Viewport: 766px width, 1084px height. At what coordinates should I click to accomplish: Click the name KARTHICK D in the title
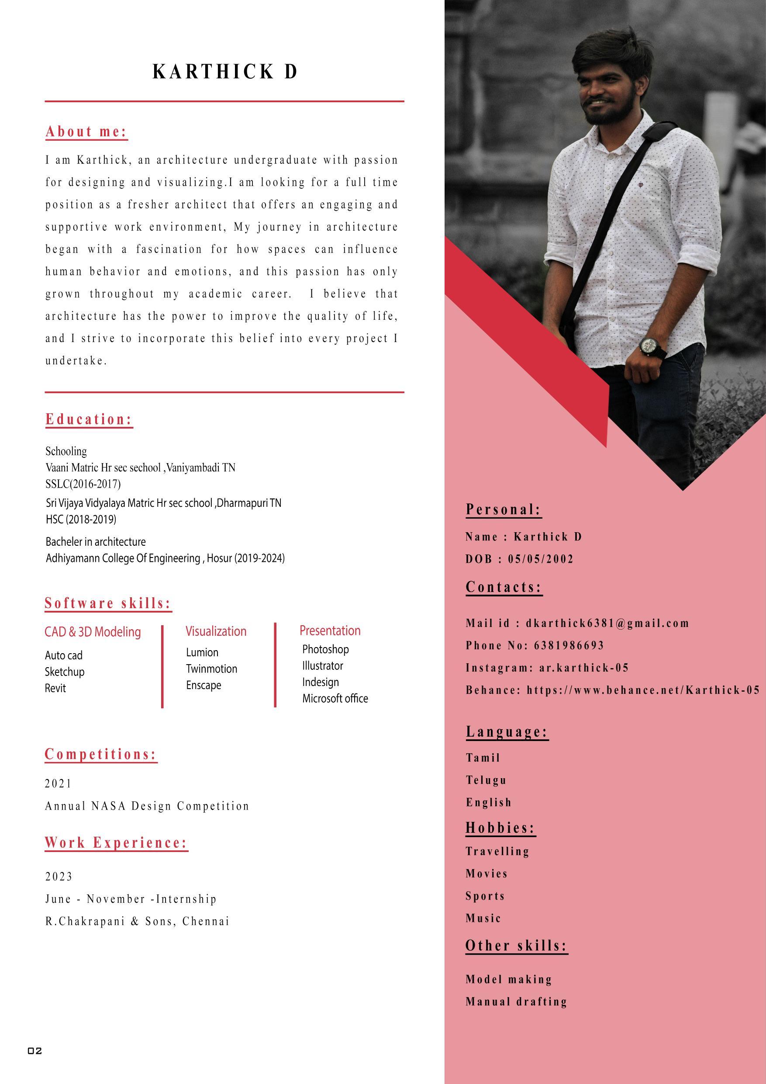tap(224, 72)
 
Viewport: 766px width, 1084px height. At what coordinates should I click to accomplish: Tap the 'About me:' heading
tap(86, 132)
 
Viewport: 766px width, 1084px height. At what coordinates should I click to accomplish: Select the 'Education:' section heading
tap(89, 419)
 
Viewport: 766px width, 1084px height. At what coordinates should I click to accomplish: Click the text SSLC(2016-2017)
tap(83, 484)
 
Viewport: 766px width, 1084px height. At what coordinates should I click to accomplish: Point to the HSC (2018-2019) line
tap(81, 519)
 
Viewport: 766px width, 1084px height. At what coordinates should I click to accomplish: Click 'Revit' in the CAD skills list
tap(55, 688)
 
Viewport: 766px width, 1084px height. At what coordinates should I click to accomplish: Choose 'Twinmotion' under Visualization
tap(211, 668)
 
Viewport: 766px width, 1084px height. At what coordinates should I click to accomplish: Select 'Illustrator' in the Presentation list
tap(322, 666)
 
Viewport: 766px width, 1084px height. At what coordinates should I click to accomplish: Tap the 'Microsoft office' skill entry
tap(335, 698)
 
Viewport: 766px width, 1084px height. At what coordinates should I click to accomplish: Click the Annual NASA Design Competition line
tap(147, 806)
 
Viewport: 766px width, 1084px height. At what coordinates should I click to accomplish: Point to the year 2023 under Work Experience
tap(59, 877)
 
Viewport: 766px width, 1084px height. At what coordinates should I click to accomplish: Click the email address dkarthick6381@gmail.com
tap(607, 623)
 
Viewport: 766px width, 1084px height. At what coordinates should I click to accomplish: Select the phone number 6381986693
tap(569, 645)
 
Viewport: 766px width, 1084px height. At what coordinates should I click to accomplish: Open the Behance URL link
tap(643, 690)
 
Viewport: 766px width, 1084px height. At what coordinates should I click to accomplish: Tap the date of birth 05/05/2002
tap(540, 559)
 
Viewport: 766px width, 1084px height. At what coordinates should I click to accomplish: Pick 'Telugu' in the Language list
tap(486, 780)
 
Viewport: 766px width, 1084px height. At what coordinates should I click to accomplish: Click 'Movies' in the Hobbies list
tap(487, 873)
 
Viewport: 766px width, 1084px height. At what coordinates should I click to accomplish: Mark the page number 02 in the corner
tap(35, 1050)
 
